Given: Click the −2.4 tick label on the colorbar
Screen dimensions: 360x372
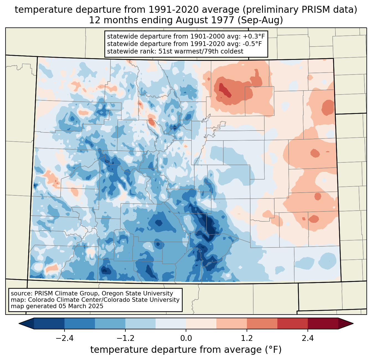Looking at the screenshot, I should (64, 338).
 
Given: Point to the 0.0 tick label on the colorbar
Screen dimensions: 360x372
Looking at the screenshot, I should (186, 338).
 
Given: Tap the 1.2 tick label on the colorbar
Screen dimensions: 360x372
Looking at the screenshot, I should (247, 338).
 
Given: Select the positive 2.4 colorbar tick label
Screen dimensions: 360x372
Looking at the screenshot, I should (308, 338).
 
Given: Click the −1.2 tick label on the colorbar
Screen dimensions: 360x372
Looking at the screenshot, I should (125, 338).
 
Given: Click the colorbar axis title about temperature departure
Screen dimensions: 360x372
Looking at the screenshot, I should (186, 350).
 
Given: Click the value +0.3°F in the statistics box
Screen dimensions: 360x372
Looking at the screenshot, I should (254, 37).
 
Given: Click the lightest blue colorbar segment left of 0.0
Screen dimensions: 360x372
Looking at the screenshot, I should (171, 323).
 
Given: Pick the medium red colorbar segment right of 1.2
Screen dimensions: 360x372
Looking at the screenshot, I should (262, 323).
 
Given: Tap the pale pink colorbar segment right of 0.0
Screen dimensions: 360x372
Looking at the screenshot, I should (201, 323).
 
